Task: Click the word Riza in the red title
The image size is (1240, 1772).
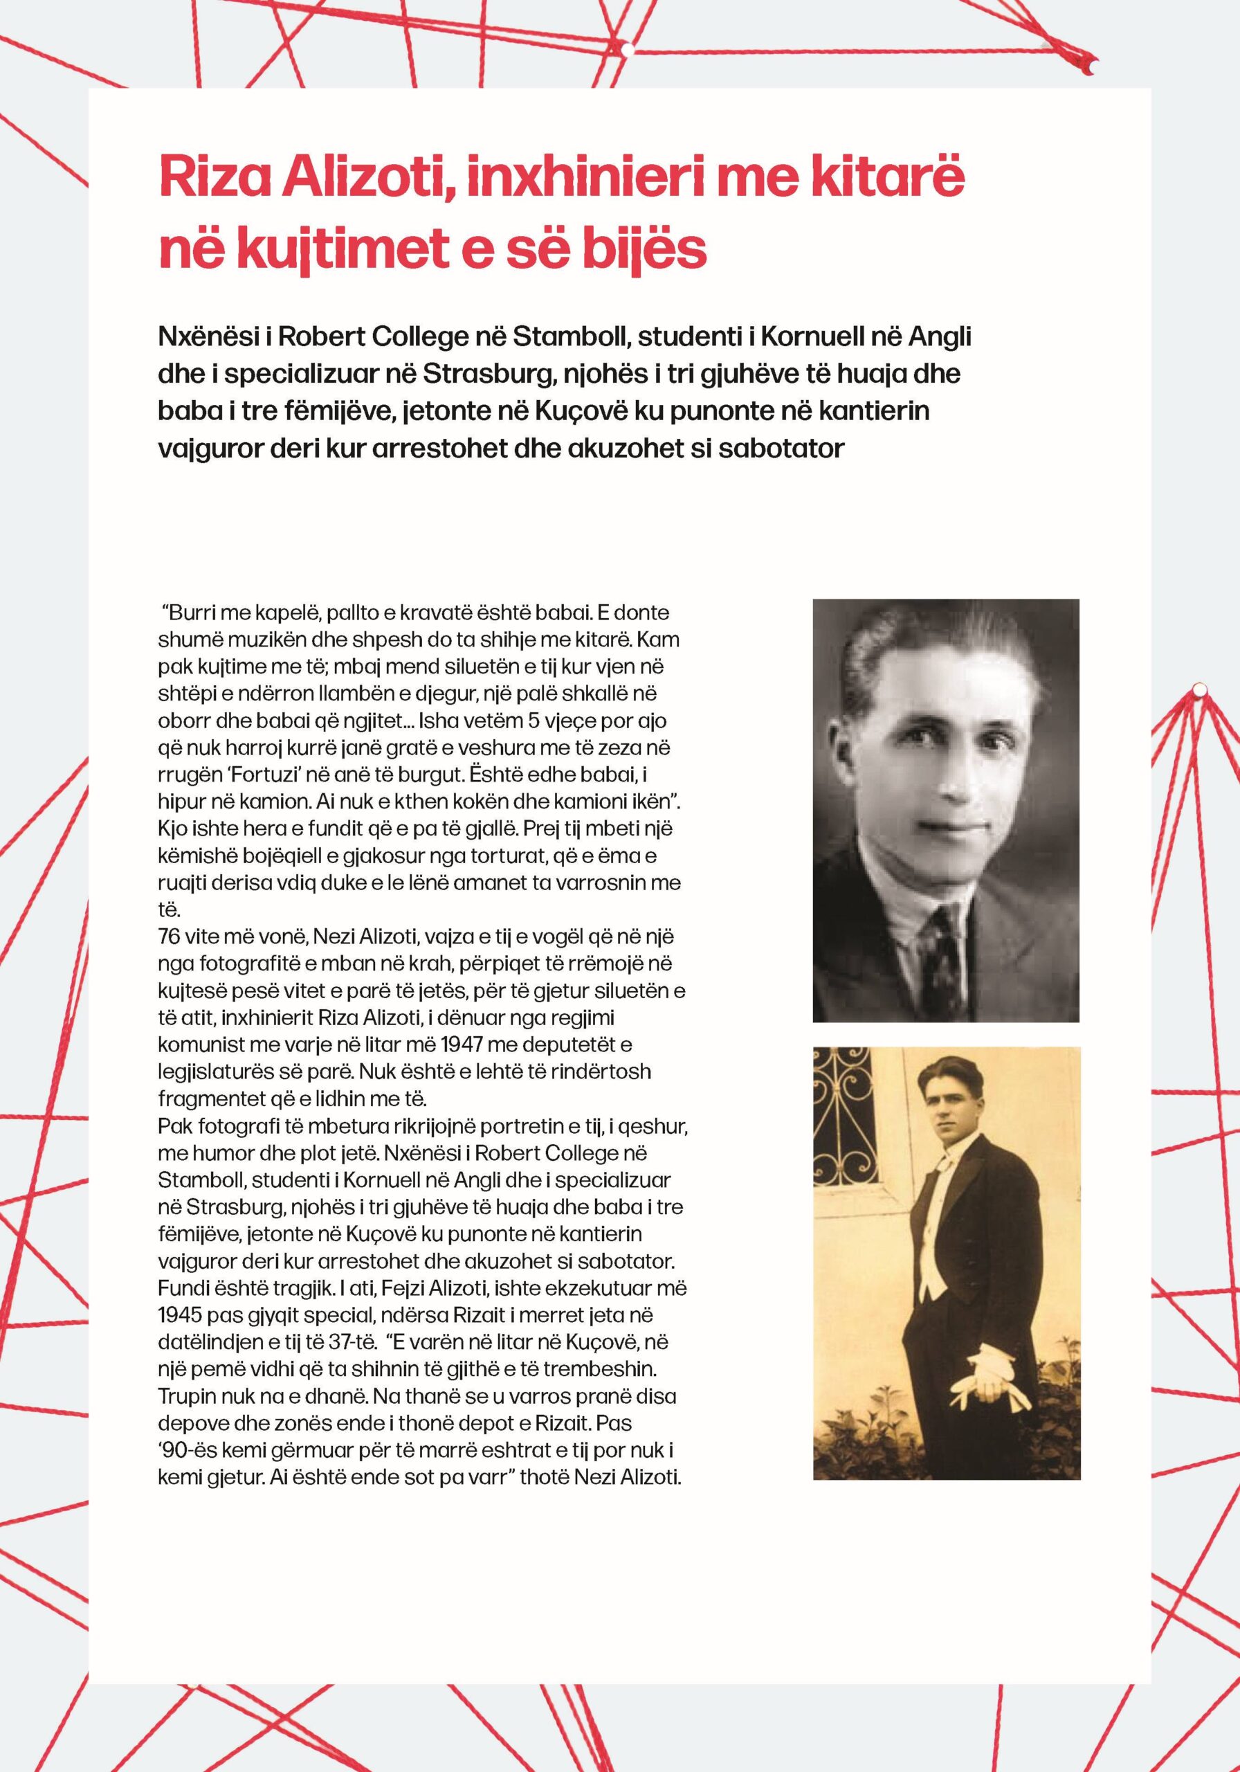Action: (203, 179)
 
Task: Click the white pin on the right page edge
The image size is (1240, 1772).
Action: (1198, 686)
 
